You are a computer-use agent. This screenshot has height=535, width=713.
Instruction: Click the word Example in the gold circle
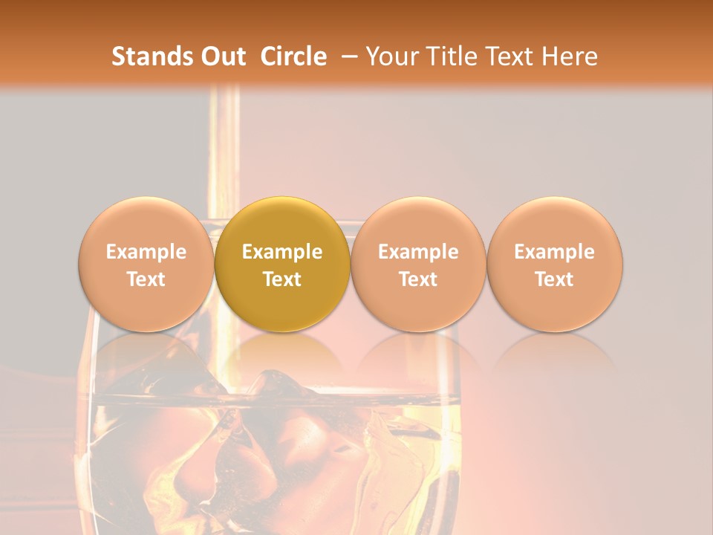(282, 252)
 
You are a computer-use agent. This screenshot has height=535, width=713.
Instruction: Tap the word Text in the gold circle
(282, 279)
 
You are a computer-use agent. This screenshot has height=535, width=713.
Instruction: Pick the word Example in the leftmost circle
(146, 252)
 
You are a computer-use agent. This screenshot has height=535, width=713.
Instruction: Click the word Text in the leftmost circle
(146, 279)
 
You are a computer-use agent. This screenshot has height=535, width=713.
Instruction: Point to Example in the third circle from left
(418, 252)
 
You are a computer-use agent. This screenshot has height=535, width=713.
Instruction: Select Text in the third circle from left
(418, 279)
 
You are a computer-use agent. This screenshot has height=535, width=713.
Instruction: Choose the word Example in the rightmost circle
(555, 252)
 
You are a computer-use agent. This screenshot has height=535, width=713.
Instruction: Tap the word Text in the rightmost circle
(555, 279)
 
